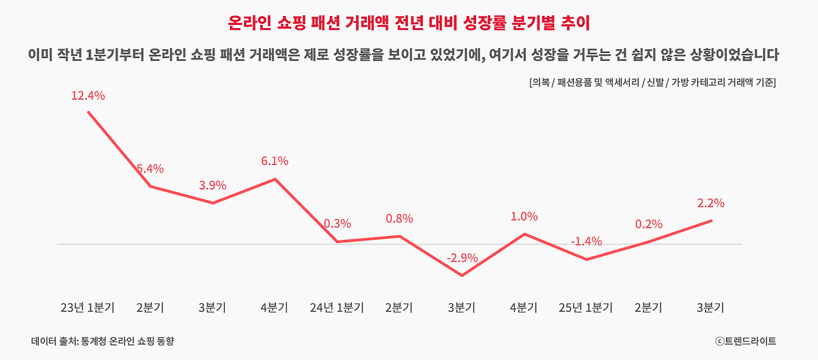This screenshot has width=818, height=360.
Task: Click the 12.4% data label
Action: pyautogui.click(x=88, y=96)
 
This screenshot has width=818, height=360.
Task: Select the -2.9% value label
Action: pyautogui.click(x=462, y=258)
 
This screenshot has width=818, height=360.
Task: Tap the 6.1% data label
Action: pyautogui.click(x=275, y=160)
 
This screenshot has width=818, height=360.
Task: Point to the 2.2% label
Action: pyautogui.click(x=711, y=203)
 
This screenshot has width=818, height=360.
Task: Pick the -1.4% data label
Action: pyautogui.click(x=587, y=241)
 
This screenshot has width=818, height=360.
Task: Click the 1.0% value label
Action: pyautogui.click(x=524, y=216)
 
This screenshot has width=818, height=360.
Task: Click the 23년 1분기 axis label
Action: pyautogui.click(x=88, y=308)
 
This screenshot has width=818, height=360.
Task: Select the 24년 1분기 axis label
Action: pyautogui.click(x=337, y=308)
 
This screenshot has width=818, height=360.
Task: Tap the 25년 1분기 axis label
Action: pyautogui.click(x=586, y=308)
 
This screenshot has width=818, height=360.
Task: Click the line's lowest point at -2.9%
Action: pyautogui.click(x=462, y=276)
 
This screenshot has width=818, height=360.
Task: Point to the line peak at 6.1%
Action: pyautogui.click(x=275, y=179)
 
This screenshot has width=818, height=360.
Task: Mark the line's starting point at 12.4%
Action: pyautogui.click(x=88, y=112)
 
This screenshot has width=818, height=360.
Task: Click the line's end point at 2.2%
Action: pyautogui.click(x=711, y=221)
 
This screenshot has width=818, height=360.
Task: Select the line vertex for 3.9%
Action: pyautogui.click(x=213, y=203)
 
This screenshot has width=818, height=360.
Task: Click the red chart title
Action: pyautogui.click(x=409, y=24)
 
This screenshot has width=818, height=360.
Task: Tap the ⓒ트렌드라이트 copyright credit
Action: pyautogui.click(x=746, y=341)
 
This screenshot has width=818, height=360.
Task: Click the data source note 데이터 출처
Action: pyautogui.click(x=103, y=341)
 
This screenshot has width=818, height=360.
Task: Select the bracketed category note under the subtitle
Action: pyautogui.click(x=652, y=82)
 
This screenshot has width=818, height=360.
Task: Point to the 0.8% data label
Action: pyautogui.click(x=399, y=219)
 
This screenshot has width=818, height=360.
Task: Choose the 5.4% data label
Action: pyautogui.click(x=150, y=168)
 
